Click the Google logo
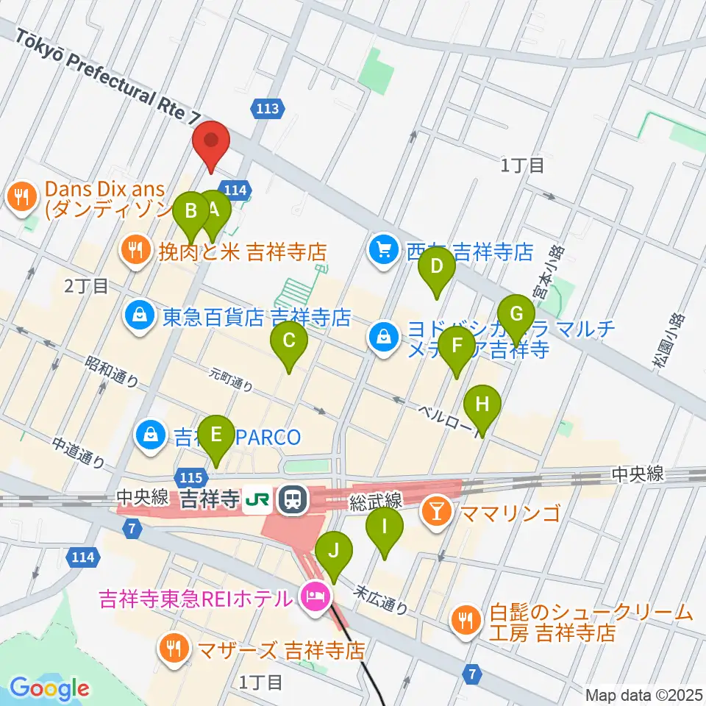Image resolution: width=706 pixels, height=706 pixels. click(x=49, y=688)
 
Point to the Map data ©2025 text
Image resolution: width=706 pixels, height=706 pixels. click(x=643, y=694)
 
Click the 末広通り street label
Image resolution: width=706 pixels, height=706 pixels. click(x=380, y=599)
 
